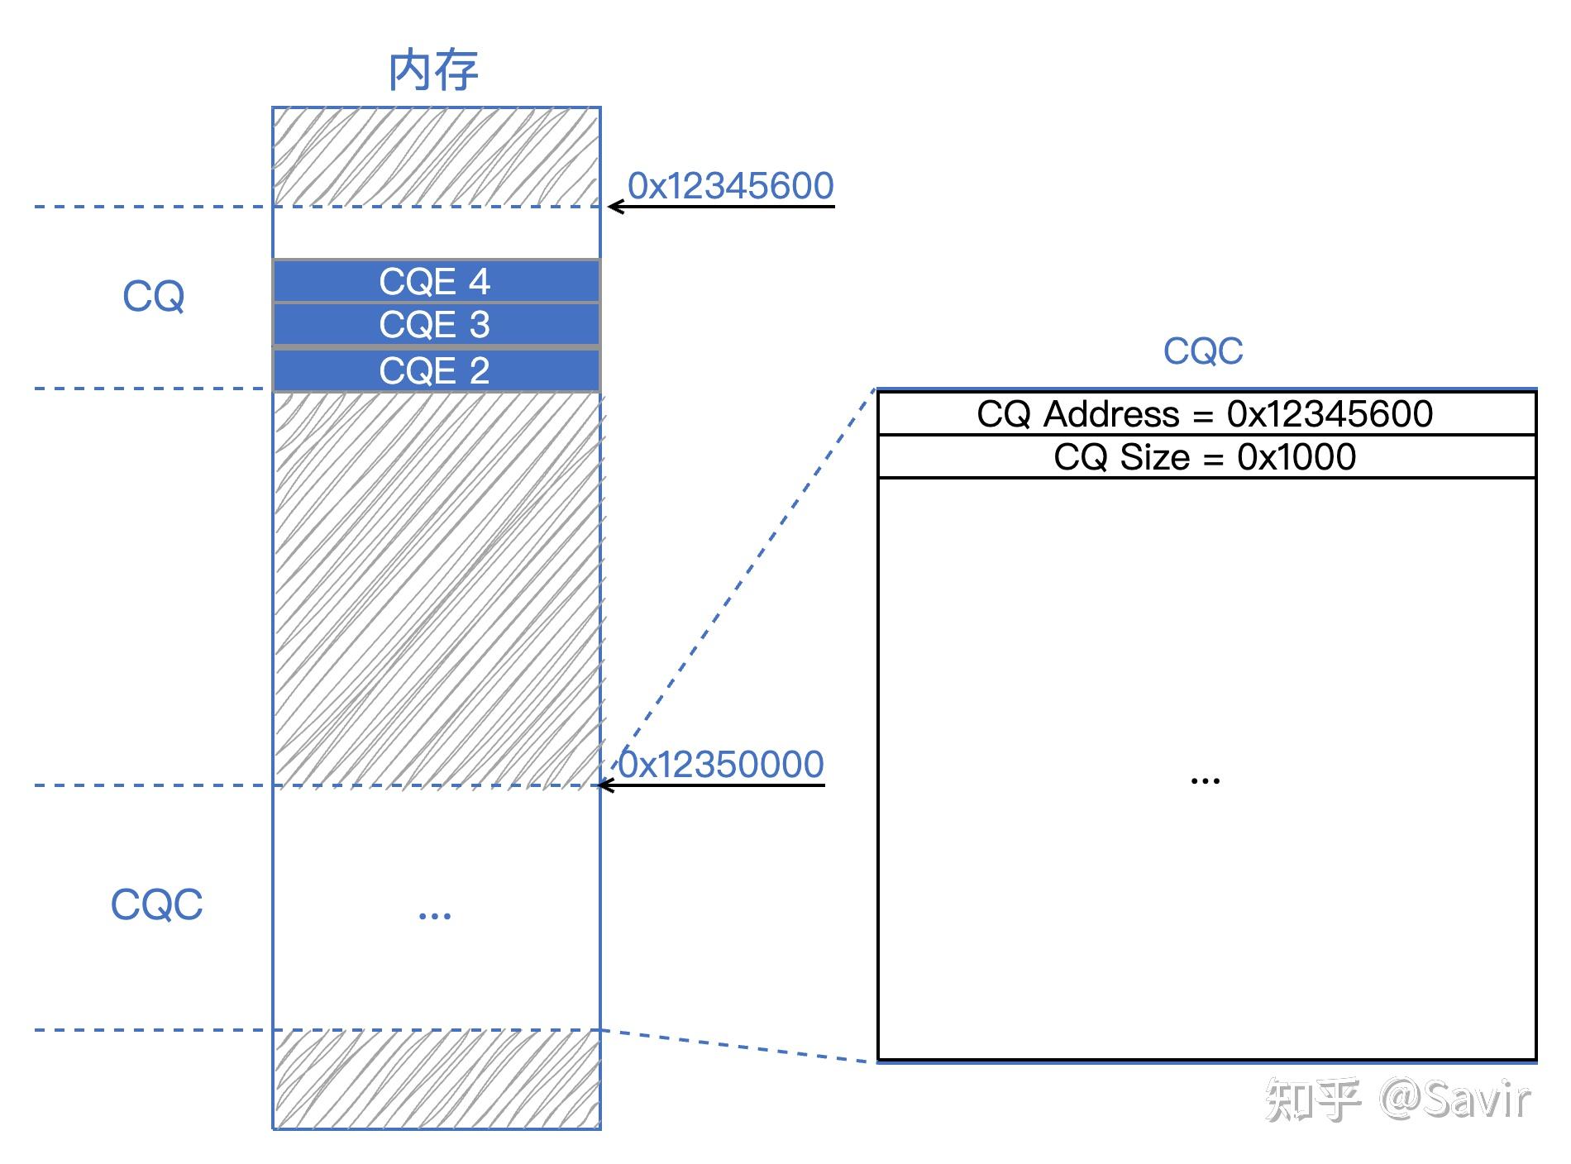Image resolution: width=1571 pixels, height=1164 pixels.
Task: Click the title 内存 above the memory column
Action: click(x=433, y=71)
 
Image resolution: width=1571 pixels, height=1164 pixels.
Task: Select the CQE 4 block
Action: click(x=435, y=282)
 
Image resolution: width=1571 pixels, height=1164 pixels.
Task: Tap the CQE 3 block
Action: click(x=435, y=325)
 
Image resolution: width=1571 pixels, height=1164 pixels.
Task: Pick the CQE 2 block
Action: click(x=435, y=370)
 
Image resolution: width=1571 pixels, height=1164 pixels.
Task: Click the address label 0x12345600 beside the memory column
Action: click(x=730, y=185)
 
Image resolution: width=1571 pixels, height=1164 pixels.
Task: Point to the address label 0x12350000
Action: click(x=721, y=764)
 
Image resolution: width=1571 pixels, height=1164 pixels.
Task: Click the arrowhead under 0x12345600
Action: click(x=614, y=207)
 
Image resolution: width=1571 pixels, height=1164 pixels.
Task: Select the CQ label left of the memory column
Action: click(x=153, y=296)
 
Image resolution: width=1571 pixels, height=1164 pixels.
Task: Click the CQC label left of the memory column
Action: click(x=156, y=904)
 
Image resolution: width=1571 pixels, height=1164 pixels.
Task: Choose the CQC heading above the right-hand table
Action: click(x=1202, y=351)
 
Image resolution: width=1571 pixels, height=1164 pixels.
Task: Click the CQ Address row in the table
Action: click(x=1206, y=414)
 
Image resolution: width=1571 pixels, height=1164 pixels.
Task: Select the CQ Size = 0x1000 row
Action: click(x=1206, y=457)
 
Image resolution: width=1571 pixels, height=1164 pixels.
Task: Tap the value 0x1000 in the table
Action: click(x=1296, y=457)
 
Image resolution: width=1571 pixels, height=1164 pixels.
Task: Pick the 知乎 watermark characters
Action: click(x=1311, y=1100)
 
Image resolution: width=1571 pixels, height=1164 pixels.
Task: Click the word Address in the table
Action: click(x=1111, y=414)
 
